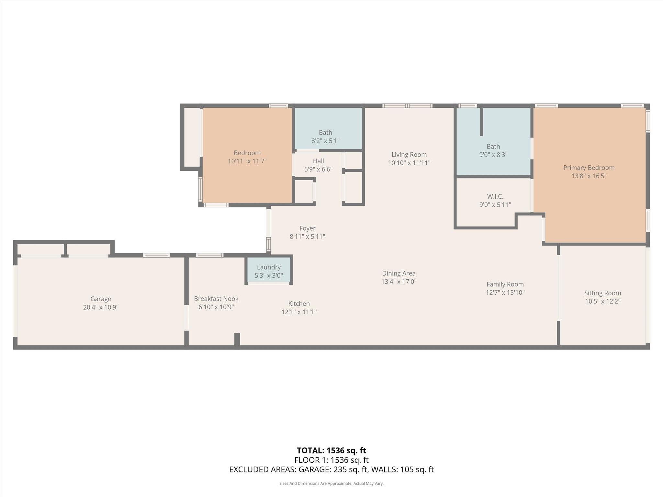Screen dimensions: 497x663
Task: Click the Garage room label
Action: pyautogui.click(x=101, y=299)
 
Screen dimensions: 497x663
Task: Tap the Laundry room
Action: pyautogui.click(x=269, y=271)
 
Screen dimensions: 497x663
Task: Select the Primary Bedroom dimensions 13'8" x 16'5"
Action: pyautogui.click(x=589, y=176)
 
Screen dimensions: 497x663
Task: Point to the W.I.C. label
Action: pyautogui.click(x=495, y=196)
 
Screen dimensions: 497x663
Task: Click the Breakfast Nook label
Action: pyautogui.click(x=216, y=299)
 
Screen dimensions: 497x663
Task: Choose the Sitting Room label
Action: pyautogui.click(x=602, y=293)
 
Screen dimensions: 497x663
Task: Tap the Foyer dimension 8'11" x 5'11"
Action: pyautogui.click(x=307, y=237)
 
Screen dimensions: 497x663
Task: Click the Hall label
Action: pyautogui.click(x=318, y=161)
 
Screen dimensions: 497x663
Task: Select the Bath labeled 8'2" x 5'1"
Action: pyautogui.click(x=325, y=136)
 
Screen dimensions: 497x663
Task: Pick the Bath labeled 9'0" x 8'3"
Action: pyautogui.click(x=493, y=150)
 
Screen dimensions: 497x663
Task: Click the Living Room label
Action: pyautogui.click(x=409, y=155)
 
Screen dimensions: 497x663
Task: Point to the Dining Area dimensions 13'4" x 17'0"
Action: pyautogui.click(x=399, y=282)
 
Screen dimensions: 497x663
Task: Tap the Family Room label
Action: pyautogui.click(x=505, y=284)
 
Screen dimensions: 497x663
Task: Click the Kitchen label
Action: pyautogui.click(x=299, y=304)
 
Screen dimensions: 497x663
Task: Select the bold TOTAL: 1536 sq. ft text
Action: pyautogui.click(x=331, y=450)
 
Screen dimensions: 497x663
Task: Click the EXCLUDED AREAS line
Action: pyautogui.click(x=331, y=469)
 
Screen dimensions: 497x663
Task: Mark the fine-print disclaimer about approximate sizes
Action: pyautogui.click(x=331, y=483)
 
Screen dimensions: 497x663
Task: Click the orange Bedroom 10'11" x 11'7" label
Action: pyautogui.click(x=247, y=157)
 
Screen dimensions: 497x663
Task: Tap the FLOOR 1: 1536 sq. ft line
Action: pyautogui.click(x=331, y=460)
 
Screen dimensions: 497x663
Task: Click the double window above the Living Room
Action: pyautogui.click(x=407, y=105)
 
